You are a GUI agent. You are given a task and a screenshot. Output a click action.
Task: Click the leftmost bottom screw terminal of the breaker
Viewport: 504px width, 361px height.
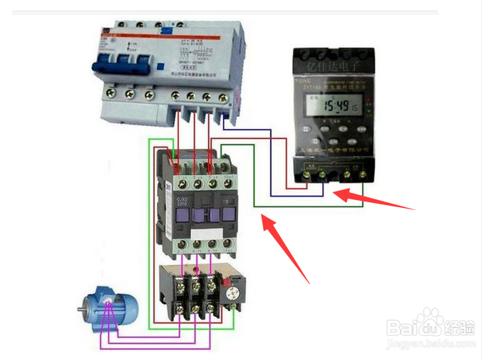pos(110,93)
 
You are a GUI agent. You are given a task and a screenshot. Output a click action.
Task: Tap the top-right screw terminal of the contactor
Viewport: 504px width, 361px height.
pos(228,164)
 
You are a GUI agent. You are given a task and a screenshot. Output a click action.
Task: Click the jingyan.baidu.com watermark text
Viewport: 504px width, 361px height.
pos(431,345)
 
